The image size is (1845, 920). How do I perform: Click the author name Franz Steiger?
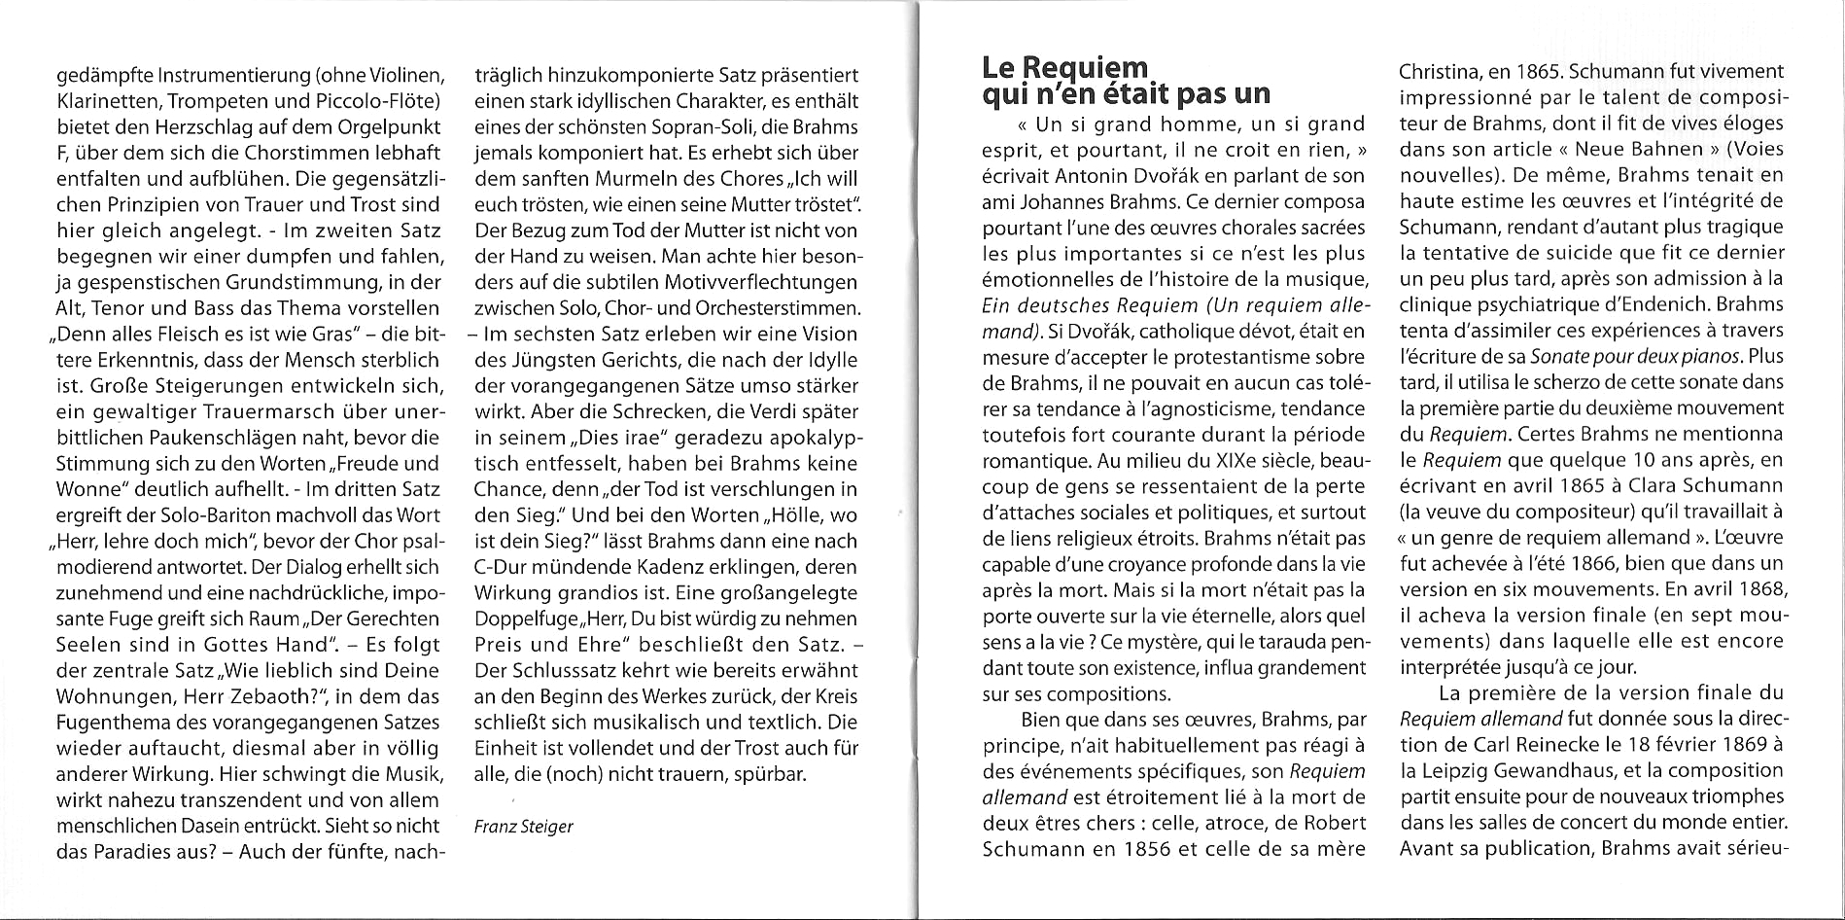coord(523,827)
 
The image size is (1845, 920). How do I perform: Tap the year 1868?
coord(1758,589)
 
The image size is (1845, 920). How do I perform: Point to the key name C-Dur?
coord(502,567)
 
